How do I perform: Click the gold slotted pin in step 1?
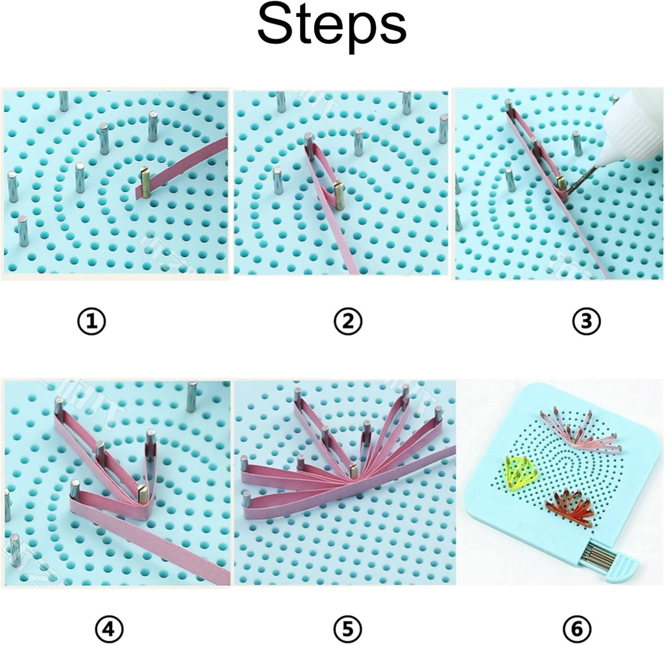pos(146,183)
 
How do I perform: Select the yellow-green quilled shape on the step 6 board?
pos(519,473)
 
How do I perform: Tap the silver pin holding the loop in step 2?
pos(309,144)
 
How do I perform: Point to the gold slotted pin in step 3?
pos(559,183)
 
